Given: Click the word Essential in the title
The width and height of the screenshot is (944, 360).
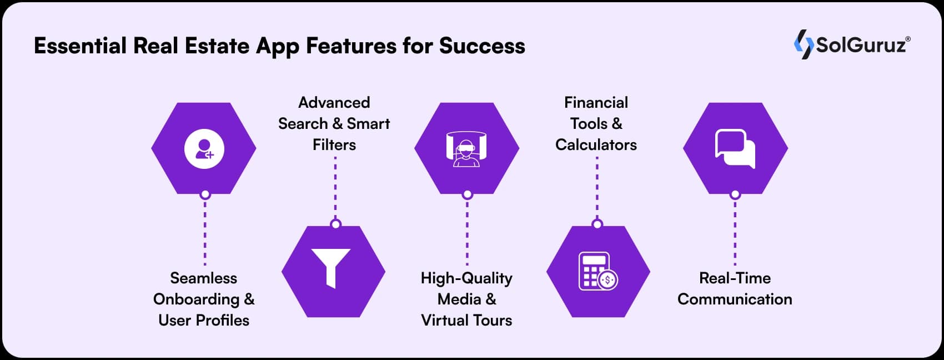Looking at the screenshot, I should (81, 46).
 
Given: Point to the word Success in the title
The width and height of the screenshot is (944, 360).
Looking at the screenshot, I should (482, 46).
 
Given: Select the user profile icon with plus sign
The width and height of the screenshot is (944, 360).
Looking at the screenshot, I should (204, 148).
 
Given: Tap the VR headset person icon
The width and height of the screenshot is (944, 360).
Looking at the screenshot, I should (466, 149).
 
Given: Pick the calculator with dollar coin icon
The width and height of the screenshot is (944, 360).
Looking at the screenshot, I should (597, 271).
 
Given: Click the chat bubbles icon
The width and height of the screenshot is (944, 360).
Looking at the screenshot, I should (735, 149).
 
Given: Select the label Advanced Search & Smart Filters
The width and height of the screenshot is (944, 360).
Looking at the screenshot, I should (334, 123).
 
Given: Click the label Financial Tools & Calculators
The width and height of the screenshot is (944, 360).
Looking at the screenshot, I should (596, 123).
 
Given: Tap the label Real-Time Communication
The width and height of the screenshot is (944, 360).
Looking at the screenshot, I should (735, 288).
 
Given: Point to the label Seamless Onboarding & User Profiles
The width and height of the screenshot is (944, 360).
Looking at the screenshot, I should (204, 299).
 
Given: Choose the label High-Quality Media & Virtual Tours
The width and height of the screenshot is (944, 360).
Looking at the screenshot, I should (466, 299).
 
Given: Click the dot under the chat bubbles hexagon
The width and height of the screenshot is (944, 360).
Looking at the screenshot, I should (735, 194).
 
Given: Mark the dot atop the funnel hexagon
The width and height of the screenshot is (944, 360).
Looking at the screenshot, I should (335, 224).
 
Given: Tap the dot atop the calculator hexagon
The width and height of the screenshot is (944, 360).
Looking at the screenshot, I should (597, 224).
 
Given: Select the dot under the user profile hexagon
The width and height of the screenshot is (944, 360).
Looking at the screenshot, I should (205, 194).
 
